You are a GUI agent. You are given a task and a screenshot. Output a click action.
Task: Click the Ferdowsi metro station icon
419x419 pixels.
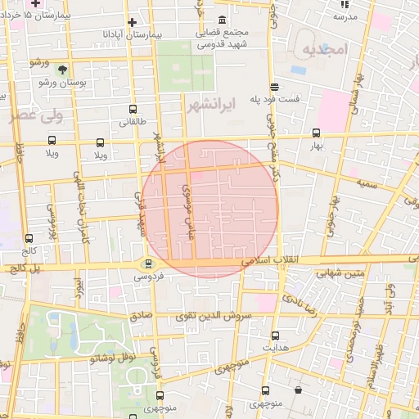[x=148, y=264]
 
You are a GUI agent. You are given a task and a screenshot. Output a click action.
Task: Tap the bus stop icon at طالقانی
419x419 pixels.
[x=133, y=106]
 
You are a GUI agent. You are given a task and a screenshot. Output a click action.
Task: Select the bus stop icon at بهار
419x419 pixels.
[x=317, y=133]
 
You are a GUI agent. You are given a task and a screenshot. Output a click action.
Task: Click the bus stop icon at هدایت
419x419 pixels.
[x=275, y=335]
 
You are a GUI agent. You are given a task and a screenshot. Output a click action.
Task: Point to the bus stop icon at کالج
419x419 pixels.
[x=29, y=238]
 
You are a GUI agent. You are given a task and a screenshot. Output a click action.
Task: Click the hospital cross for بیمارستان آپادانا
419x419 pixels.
[x=131, y=21]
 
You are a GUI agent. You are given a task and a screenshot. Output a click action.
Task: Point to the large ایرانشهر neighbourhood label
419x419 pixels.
[x=211, y=106]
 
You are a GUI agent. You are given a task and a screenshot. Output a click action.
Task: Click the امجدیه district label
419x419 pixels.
[x=325, y=50]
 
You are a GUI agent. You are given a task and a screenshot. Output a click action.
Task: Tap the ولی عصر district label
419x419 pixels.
[x=34, y=117]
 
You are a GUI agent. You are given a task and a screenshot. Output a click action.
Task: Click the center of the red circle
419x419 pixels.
[x=209, y=209]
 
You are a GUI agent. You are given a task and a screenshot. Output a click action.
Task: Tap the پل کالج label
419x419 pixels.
[x=22, y=268]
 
